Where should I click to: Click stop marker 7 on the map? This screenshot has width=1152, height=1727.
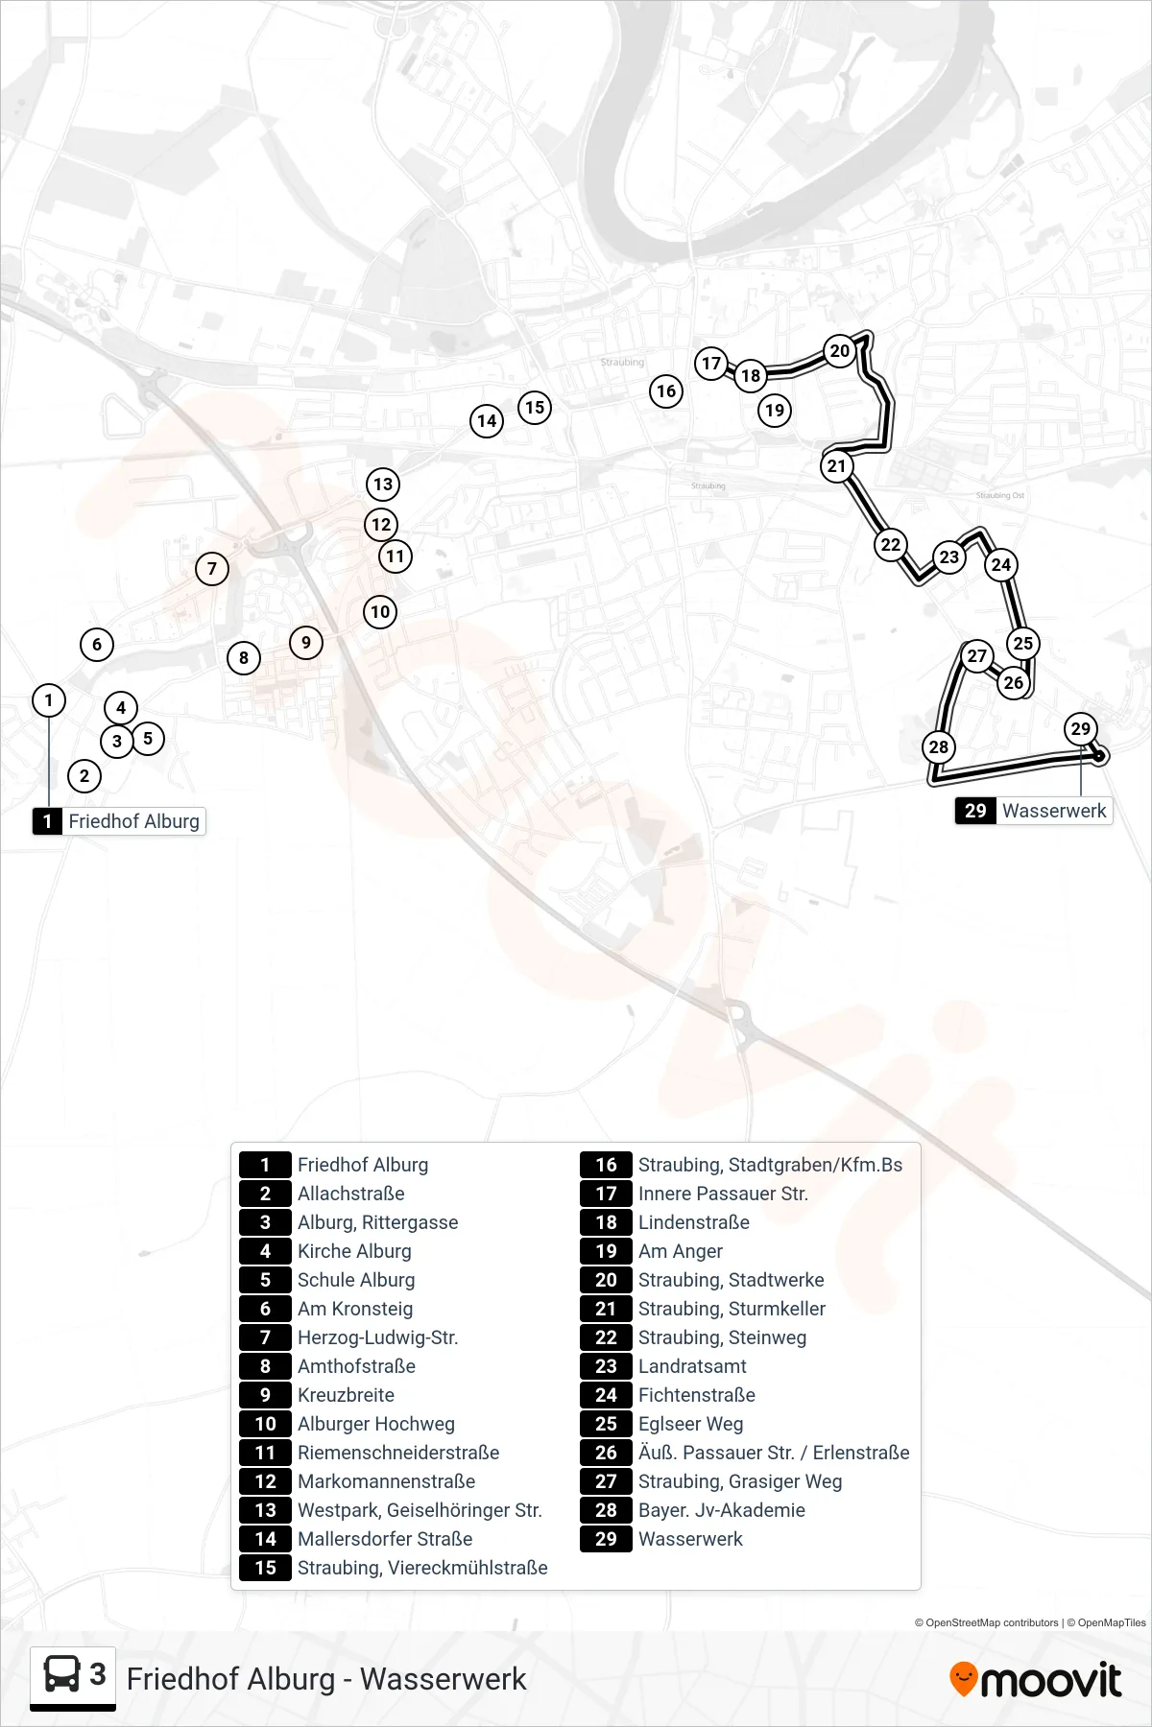(x=212, y=568)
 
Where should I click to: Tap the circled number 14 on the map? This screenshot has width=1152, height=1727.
(x=487, y=420)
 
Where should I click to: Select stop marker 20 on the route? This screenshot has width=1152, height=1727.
(x=840, y=350)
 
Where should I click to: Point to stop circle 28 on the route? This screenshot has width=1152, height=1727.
(x=939, y=746)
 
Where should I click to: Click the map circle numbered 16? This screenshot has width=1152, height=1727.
(x=666, y=390)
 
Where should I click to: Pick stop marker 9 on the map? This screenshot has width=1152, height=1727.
(x=306, y=642)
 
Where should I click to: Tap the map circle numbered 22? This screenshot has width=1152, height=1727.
(x=891, y=544)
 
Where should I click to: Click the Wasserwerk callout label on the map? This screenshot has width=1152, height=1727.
(x=1034, y=811)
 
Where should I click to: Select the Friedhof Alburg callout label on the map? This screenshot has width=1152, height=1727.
(x=119, y=821)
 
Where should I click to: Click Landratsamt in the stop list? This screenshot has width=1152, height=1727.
(x=692, y=1366)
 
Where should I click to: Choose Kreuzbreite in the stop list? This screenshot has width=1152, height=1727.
(x=346, y=1395)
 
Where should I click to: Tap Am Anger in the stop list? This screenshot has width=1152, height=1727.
(x=681, y=1251)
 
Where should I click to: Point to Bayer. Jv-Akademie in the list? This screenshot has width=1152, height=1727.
(x=722, y=1510)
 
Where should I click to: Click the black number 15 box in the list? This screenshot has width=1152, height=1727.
(x=265, y=1568)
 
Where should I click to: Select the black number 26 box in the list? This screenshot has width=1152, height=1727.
(x=606, y=1453)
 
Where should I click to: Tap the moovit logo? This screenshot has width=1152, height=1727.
(x=1035, y=1680)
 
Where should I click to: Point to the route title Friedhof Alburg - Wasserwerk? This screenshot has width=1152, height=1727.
(x=326, y=1679)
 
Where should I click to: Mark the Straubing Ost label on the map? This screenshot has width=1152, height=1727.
(x=1000, y=495)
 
